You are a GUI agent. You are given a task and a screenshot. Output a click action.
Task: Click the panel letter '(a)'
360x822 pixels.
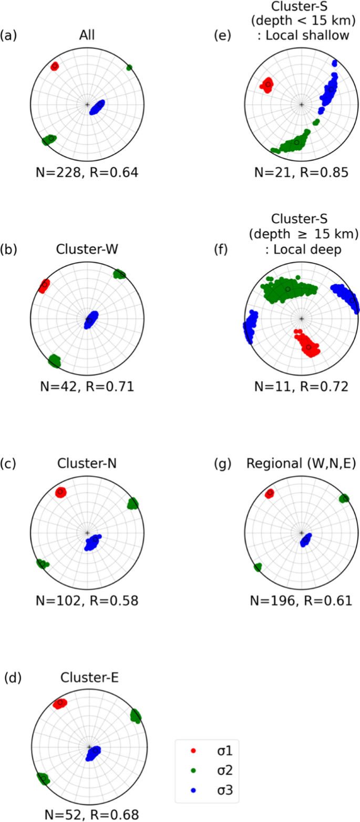[x=9, y=36]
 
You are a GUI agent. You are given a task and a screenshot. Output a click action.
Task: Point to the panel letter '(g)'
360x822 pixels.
[x=224, y=464]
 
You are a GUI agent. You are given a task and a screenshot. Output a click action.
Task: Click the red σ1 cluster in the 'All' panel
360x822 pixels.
[x=55, y=66]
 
